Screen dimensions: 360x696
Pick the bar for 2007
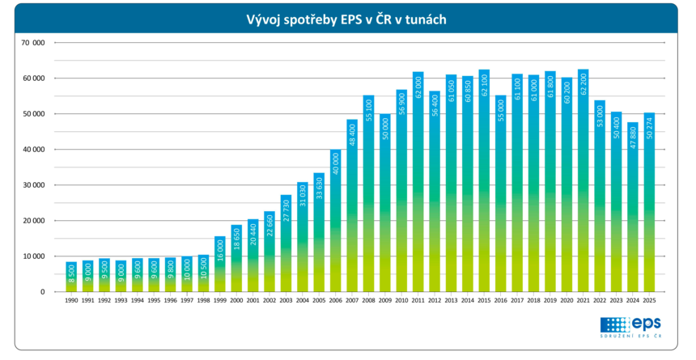(x=352, y=205)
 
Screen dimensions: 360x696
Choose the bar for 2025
(x=649, y=202)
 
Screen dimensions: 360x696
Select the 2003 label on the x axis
(x=286, y=301)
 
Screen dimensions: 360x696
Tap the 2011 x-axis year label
(x=418, y=301)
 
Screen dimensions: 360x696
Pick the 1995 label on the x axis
(x=154, y=301)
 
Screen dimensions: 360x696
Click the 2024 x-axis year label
(x=633, y=301)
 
